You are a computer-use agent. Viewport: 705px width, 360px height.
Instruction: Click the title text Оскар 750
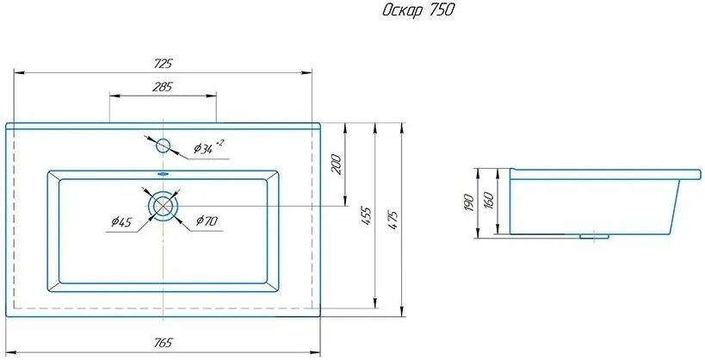[x=418, y=10]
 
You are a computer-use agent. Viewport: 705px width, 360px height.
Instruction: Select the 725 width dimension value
[x=163, y=64]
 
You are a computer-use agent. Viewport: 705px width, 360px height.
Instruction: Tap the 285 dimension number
[x=163, y=87]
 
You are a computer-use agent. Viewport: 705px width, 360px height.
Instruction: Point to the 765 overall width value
[x=163, y=343]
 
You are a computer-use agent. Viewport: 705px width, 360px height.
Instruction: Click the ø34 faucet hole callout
[x=208, y=147]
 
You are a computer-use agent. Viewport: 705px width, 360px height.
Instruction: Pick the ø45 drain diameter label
[x=121, y=221]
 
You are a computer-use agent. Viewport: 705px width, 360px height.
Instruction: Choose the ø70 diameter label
[x=207, y=220]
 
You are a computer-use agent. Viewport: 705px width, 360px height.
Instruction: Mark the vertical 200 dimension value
[x=337, y=164]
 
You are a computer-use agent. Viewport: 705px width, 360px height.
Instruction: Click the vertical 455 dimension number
[x=367, y=215]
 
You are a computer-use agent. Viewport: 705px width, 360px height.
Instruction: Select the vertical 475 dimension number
[x=393, y=220]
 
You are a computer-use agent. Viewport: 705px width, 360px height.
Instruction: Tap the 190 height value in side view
[x=468, y=203]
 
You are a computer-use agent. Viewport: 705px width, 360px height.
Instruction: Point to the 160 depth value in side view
[x=489, y=201]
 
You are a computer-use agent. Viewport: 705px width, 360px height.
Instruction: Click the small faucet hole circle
[x=163, y=146]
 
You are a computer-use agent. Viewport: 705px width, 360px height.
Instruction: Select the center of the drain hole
[x=163, y=206]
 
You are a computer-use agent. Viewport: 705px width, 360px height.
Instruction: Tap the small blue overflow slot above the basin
[x=163, y=173]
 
